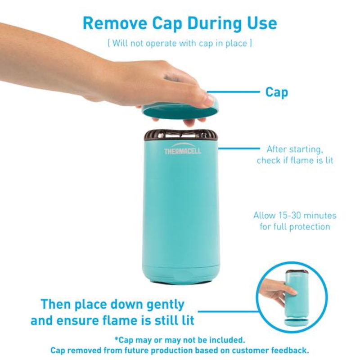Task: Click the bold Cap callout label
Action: (x=276, y=92)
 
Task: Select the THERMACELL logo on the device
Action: (x=183, y=151)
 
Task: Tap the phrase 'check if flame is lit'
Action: (x=295, y=161)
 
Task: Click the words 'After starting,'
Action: (x=295, y=149)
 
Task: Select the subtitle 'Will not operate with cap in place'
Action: (x=180, y=44)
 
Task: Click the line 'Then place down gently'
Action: (x=112, y=304)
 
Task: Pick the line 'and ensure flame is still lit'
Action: (x=112, y=320)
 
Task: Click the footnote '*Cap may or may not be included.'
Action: (x=180, y=339)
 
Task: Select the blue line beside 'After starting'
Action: (x=238, y=148)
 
